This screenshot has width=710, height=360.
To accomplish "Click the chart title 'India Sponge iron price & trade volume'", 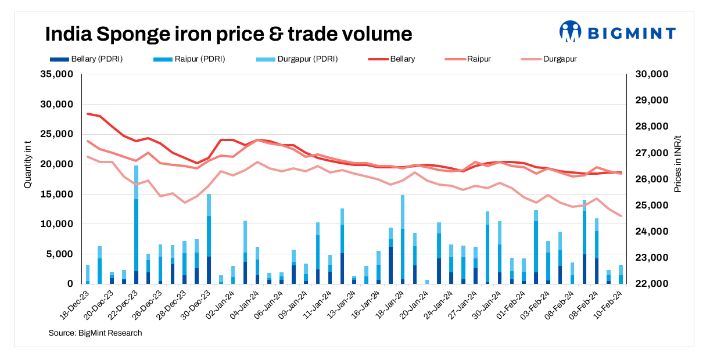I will click(228, 34).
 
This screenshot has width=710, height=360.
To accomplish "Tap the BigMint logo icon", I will click(570, 32).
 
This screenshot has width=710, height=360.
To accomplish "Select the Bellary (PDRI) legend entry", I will click(87, 59).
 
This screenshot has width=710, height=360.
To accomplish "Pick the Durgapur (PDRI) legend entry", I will click(297, 59).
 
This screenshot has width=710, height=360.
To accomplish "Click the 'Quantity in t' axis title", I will click(27, 165).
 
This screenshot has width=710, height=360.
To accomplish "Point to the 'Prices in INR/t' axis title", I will click(678, 165).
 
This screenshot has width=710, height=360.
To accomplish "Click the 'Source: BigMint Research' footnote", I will click(95, 333).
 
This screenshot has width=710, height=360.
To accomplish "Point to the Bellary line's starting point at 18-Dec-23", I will click(88, 114).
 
